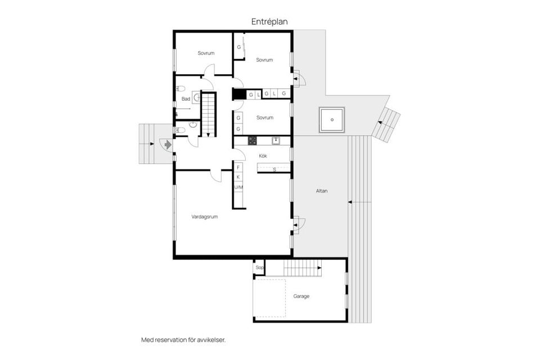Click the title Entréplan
(269, 21)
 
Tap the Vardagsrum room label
(204, 216)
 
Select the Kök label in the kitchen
(263, 155)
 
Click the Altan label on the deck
(322, 191)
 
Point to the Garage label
(301, 296)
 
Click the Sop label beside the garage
(259, 268)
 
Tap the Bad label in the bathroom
(185, 99)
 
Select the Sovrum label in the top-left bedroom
(206, 53)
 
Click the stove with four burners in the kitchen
(253, 141)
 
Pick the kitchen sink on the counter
(276, 141)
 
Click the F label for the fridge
(238, 168)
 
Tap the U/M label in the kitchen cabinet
(238, 187)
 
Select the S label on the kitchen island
(274, 169)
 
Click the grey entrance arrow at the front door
(167, 145)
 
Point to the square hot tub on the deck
(332, 119)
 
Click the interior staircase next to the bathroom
(209, 114)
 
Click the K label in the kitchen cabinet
(238, 177)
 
